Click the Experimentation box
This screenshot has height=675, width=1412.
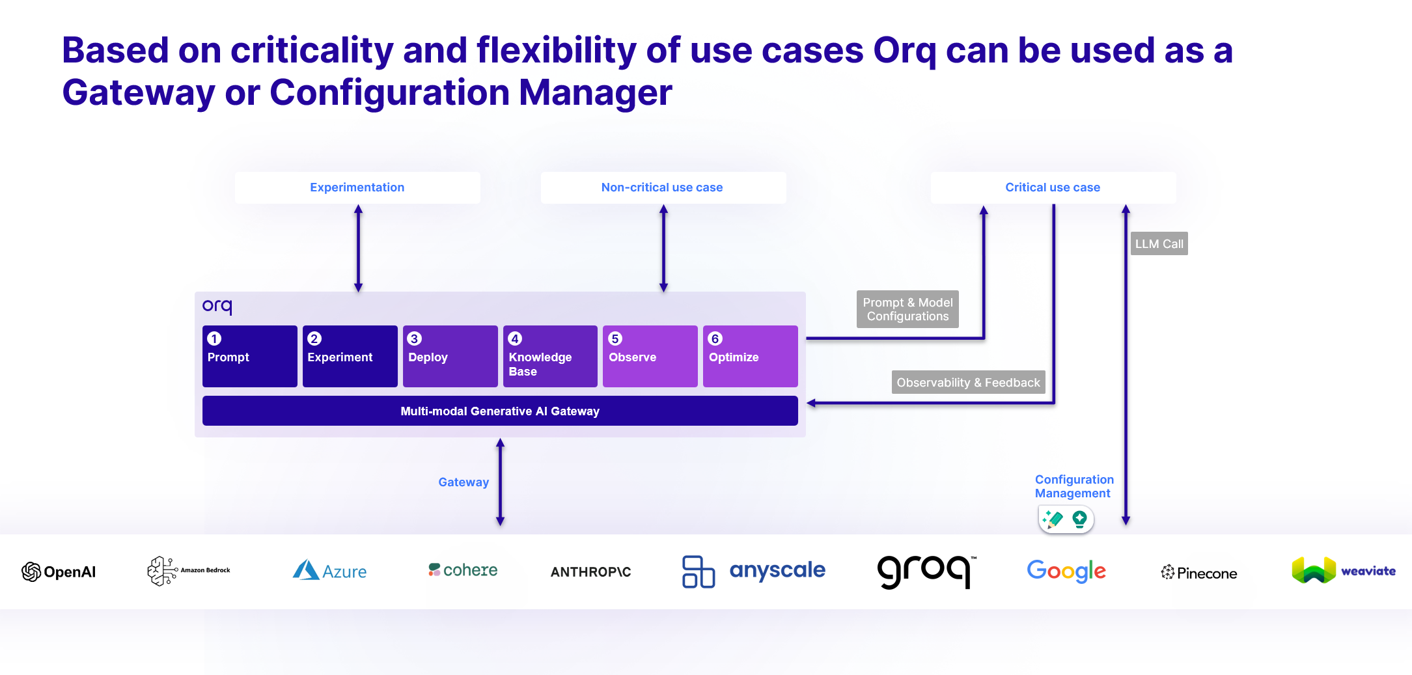click(357, 187)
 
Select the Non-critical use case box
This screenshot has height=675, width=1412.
click(663, 187)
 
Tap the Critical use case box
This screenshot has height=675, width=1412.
click(1053, 187)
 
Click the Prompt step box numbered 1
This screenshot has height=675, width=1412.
click(249, 356)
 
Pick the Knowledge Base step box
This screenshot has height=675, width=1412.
click(550, 356)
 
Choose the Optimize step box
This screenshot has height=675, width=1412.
click(750, 356)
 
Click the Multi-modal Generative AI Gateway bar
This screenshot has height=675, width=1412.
click(500, 411)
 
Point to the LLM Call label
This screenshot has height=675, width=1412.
click(1159, 243)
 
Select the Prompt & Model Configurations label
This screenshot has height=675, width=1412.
click(907, 309)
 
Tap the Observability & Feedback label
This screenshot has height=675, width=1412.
click(968, 383)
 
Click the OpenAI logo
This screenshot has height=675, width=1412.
click(59, 572)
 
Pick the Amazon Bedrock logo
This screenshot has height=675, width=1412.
click(189, 571)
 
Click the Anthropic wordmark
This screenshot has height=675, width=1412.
click(590, 572)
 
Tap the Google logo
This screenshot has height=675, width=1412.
click(1066, 571)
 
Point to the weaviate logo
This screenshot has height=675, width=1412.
click(1343, 571)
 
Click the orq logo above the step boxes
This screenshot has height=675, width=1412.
click(217, 306)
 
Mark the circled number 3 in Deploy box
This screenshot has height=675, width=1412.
click(414, 338)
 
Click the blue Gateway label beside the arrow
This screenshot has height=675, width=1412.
click(464, 482)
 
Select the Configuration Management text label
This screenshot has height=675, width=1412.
click(1074, 486)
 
